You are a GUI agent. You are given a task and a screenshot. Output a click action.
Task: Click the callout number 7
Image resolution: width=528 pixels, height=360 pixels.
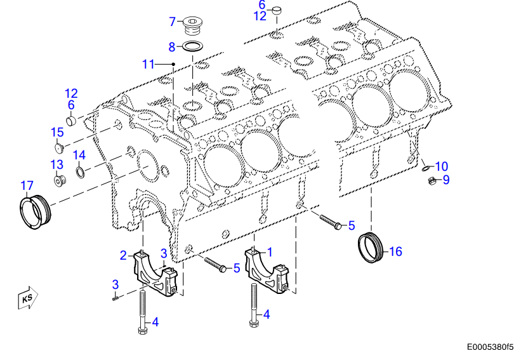pos(171,21)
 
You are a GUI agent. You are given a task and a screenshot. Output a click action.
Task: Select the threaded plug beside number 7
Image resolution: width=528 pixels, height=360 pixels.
pos(193,28)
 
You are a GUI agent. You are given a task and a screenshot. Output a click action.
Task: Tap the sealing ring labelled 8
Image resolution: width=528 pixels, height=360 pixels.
pos(193,46)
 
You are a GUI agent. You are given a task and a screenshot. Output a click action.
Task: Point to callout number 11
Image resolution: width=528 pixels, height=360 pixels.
pos(148,63)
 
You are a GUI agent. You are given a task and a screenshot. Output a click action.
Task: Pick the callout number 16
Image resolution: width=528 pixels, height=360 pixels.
pos(395,251)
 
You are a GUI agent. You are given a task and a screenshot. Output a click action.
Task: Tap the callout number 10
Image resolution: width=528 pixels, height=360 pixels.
pos(441,166)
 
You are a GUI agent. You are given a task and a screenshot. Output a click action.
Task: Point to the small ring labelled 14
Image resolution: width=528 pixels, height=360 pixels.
pos(80,171)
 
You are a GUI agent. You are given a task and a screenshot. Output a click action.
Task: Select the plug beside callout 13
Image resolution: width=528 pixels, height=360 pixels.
pos(60,181)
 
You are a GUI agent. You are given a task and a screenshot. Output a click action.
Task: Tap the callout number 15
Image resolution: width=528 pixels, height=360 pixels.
pos(58,132)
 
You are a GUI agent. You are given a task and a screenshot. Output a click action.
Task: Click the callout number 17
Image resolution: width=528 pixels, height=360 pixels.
pos(26,186)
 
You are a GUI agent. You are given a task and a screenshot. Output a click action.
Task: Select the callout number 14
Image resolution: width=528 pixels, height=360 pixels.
pos(79,155)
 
